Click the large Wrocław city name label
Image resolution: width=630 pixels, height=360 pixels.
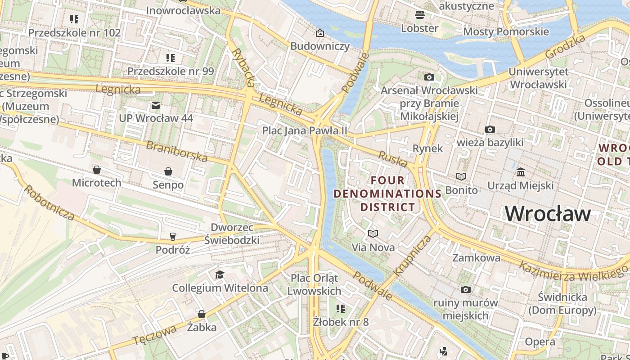pyautogui.click(x=548, y=213)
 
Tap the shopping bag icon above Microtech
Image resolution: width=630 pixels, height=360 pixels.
pyautogui.click(x=96, y=170)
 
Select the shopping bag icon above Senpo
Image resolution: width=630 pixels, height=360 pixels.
pyautogui.click(x=168, y=171)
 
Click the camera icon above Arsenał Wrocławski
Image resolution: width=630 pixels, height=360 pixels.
pyautogui.click(x=429, y=77)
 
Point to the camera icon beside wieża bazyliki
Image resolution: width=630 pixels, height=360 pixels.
pyautogui.click(x=490, y=130)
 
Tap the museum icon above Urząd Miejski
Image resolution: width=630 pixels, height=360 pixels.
pyautogui.click(x=521, y=172)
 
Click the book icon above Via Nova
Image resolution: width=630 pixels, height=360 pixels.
pyautogui.click(x=373, y=234)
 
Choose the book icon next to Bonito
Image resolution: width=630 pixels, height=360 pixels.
pyautogui.click(x=461, y=176)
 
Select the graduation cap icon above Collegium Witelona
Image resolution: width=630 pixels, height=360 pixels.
pyautogui.click(x=220, y=274)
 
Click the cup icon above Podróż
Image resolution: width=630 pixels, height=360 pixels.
pyautogui.click(x=172, y=236)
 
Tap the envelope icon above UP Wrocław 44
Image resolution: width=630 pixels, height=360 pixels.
pyautogui.click(x=156, y=105)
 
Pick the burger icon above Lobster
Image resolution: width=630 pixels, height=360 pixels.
pyautogui.click(x=419, y=15)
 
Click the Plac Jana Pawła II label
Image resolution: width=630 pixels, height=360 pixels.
pyautogui.click(x=305, y=130)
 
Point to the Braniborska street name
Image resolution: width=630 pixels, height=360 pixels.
pyautogui.click(x=177, y=152)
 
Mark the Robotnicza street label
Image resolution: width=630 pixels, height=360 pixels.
pyautogui.click(x=49, y=203)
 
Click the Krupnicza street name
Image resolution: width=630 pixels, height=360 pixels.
pyautogui.click(x=412, y=256)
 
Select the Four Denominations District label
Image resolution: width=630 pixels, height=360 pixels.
pyautogui.click(x=387, y=193)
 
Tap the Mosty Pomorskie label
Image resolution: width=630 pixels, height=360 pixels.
pyautogui.click(x=506, y=31)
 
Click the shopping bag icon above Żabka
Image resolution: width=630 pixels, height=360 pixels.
pyautogui.click(x=201, y=314)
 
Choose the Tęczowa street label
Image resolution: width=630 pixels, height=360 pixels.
pyautogui.click(x=154, y=336)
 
